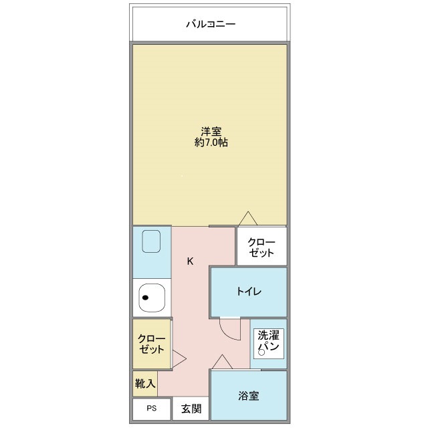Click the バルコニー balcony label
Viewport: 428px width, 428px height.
[x=211, y=24]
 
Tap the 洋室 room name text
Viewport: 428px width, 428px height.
[x=211, y=132]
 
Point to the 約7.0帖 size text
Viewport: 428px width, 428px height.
[x=211, y=142]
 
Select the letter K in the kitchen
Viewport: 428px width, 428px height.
[x=190, y=261]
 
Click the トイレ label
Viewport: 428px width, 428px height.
[x=249, y=292]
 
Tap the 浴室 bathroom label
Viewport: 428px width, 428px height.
[x=248, y=395]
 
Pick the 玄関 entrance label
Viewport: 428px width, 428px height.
[x=191, y=409]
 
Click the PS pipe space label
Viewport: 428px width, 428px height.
[x=152, y=408]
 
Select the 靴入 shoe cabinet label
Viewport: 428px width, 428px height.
[x=145, y=383]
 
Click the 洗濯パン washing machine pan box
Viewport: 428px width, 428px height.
[x=269, y=344]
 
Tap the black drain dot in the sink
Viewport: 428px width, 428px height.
[x=145, y=298]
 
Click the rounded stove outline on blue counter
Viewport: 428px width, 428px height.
[x=151, y=241]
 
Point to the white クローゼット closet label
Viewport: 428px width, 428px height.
[x=261, y=247]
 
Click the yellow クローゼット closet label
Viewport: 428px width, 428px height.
[x=152, y=344]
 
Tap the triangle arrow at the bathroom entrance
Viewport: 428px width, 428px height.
[x=223, y=362]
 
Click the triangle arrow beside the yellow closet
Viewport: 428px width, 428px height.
[x=179, y=358]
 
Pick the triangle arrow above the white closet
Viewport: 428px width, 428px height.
[x=248, y=219]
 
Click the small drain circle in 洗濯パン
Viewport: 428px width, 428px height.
[x=261, y=352]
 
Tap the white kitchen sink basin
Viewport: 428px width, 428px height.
[x=152, y=298]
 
